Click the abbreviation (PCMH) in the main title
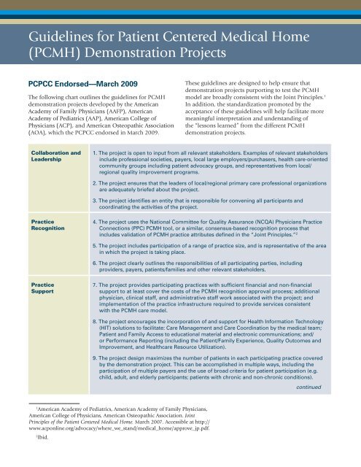50,53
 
